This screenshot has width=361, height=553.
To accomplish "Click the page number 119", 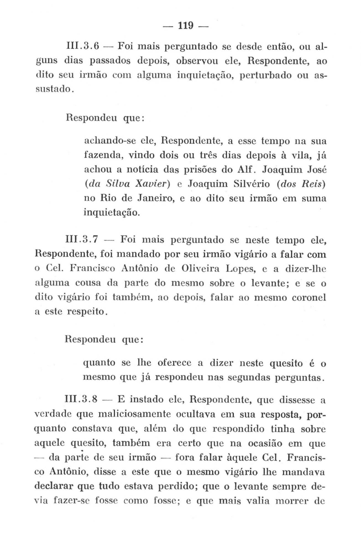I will click(x=185, y=26).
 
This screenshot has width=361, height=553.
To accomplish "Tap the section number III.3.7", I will click(x=82, y=239).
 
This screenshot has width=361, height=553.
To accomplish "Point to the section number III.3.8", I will click(x=82, y=400).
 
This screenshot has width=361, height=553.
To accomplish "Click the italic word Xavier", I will click(x=150, y=184).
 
